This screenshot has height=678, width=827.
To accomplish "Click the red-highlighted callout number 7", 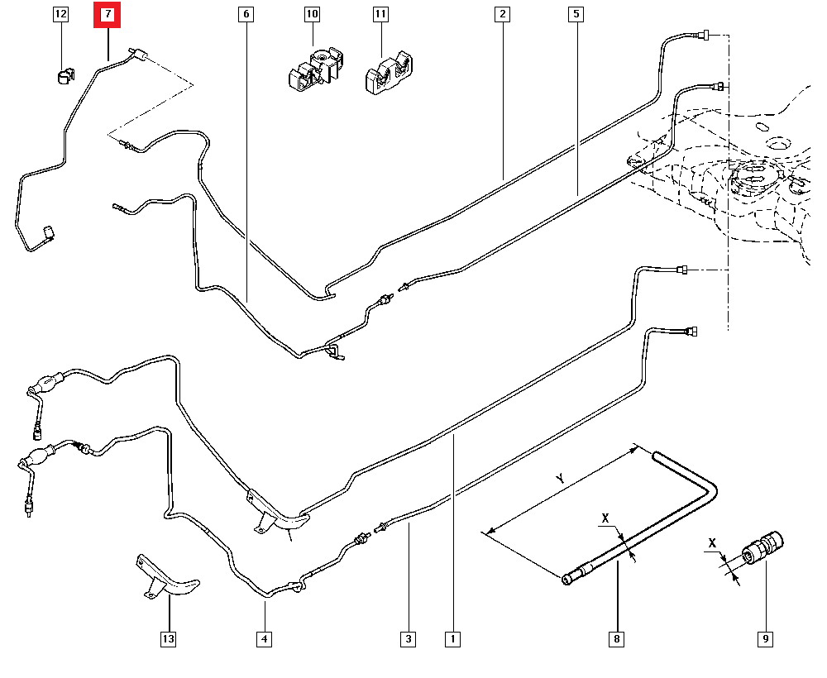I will point(108,15).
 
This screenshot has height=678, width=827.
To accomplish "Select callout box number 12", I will point(60,15).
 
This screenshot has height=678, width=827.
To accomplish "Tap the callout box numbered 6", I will point(245,15).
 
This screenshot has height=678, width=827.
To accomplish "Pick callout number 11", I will point(380,15).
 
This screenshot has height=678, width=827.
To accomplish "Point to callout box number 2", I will point(502,15).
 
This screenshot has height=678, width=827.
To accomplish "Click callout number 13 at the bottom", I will point(169,638).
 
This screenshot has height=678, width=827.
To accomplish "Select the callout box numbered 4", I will point(264,638).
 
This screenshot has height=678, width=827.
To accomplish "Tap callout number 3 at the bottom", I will point(408,638).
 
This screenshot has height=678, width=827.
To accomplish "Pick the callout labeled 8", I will point(617,638).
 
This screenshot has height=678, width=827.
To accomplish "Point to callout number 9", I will point(766,638).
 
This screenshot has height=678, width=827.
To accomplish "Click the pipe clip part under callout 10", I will point(314,68).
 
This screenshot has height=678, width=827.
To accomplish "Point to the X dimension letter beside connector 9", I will point(712,543).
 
